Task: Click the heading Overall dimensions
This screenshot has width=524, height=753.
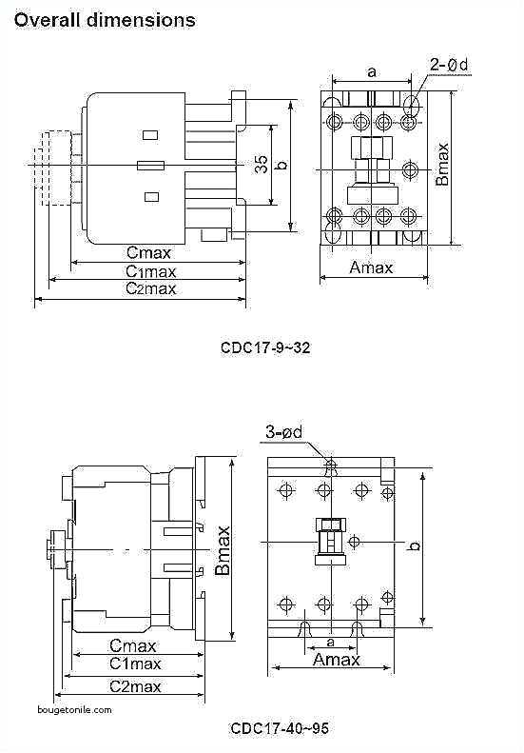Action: tap(105, 19)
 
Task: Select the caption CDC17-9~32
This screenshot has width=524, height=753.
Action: tap(265, 347)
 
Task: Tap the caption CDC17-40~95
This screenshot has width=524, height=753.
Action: tap(280, 728)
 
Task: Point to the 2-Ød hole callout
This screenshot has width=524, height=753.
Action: tap(448, 66)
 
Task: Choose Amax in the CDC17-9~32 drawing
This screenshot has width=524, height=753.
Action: tap(371, 268)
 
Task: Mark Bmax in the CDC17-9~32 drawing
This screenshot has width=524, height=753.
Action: tap(442, 164)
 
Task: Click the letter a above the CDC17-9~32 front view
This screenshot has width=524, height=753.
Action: tap(371, 70)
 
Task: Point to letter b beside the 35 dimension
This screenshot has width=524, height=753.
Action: tap(281, 165)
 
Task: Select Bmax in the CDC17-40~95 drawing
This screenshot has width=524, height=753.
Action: tap(223, 549)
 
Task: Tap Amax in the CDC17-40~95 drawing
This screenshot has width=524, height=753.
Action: tap(337, 660)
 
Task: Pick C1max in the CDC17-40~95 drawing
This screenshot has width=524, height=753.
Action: tap(135, 664)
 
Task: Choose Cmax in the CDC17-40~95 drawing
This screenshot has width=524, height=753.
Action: tap(133, 644)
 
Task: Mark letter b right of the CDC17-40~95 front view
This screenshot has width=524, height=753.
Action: tap(414, 545)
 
